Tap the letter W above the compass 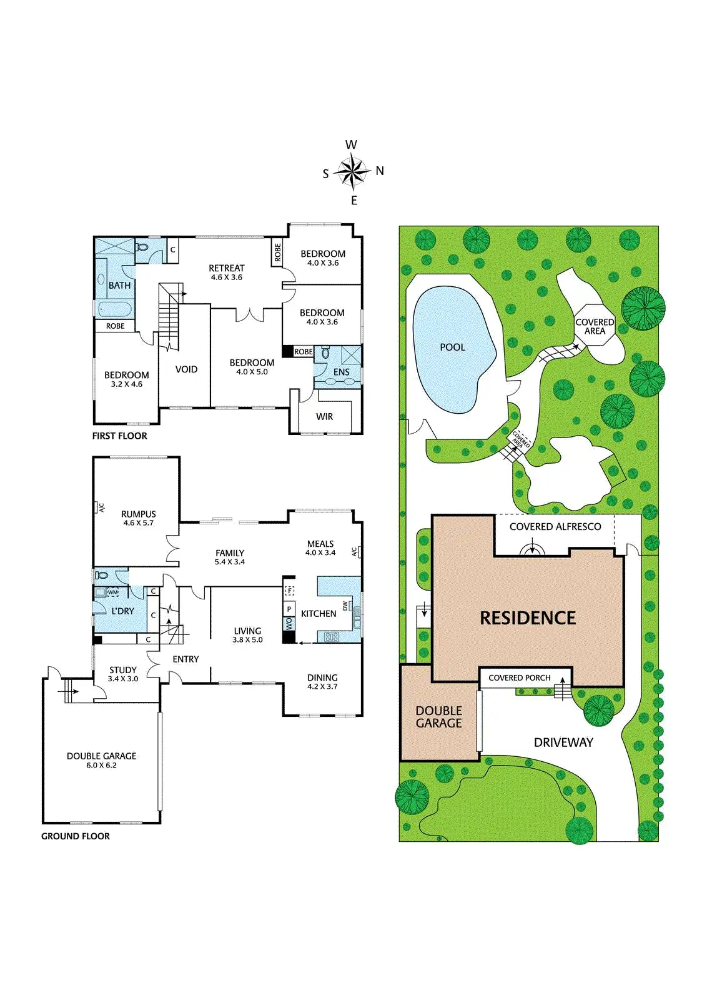tap(351, 145)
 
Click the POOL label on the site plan tap(452, 347)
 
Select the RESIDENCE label tap(528, 618)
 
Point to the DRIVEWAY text tap(563, 742)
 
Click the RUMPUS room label tap(139, 514)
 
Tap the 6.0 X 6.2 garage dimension tap(101, 765)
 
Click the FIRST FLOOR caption tap(119, 436)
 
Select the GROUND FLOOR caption tap(76, 836)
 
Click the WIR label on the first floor tap(324, 416)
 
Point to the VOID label tap(186, 369)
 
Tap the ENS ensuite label tap(341, 372)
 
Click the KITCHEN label tap(319, 614)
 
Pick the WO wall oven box tap(289, 624)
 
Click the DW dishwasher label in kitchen tap(345, 606)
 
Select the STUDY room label tap(123, 670)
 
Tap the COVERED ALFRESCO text tap(555, 527)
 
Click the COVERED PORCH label tap(519, 678)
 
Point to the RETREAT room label tap(227, 268)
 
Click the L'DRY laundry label tap(122, 611)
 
